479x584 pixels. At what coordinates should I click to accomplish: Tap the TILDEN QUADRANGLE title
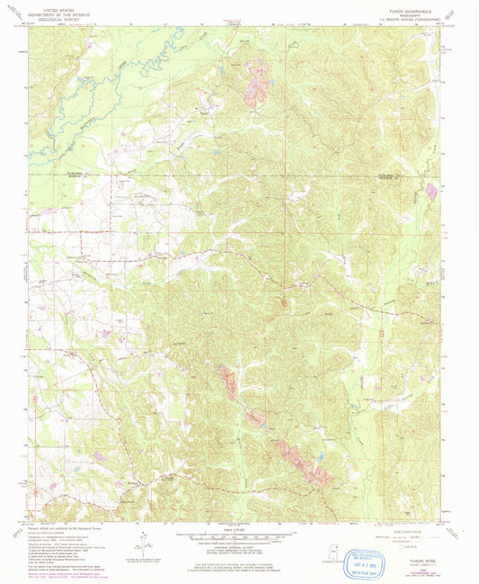tap(412, 5)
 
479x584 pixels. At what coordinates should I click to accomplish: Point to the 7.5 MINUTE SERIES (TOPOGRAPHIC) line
tap(412, 15)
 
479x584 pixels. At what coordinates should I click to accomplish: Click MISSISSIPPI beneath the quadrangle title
tap(412, 10)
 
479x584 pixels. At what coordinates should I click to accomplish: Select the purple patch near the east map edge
tap(432, 190)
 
